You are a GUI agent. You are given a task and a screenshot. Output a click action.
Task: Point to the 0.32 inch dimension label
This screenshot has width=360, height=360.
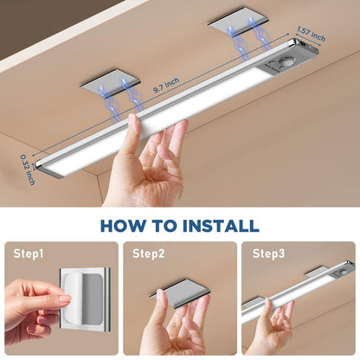coord(29,170)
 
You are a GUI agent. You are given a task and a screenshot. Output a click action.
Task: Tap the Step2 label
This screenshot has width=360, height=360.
coord(147,254)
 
